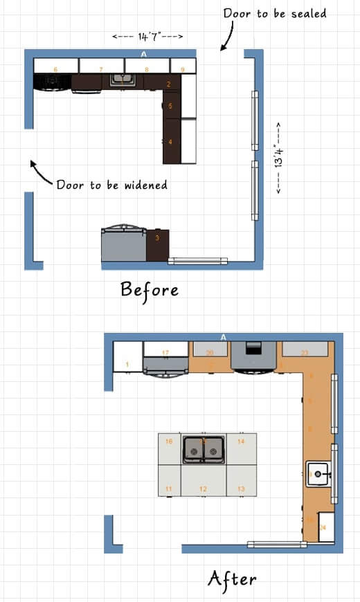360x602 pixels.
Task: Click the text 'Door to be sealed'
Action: click(x=274, y=13)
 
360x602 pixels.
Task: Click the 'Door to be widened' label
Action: click(x=111, y=185)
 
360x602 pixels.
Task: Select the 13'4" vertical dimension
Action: click(x=279, y=158)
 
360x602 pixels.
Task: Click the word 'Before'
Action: click(x=150, y=289)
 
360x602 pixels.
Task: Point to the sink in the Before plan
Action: click(x=123, y=80)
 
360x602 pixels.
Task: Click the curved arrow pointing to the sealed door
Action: click(x=226, y=39)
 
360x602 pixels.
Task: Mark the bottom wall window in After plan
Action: click(x=277, y=545)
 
